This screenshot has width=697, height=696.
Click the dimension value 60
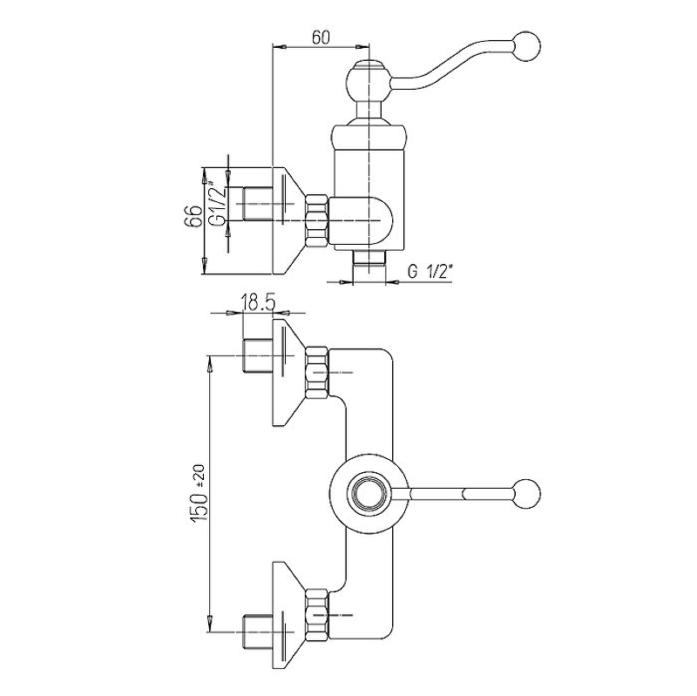tap(321, 37)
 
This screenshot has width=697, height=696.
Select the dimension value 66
tap(193, 217)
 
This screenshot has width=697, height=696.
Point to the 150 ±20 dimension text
tap(199, 493)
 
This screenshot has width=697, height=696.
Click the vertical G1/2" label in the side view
tap(217, 202)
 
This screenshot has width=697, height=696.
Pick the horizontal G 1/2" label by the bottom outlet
tap(430, 271)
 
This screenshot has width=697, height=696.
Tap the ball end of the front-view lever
tap(527, 493)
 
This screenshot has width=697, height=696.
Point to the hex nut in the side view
tap(316, 220)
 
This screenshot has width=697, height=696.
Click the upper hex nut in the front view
tap(316, 372)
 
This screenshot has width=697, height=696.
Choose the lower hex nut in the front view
tap(316, 615)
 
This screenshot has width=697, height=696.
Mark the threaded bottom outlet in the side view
tap(369, 259)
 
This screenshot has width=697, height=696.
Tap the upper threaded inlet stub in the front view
tap(257, 355)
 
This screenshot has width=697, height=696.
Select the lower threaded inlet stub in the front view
tap(257, 632)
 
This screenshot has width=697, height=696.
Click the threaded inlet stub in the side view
tap(257, 204)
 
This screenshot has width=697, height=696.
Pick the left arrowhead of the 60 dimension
tap(277, 46)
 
